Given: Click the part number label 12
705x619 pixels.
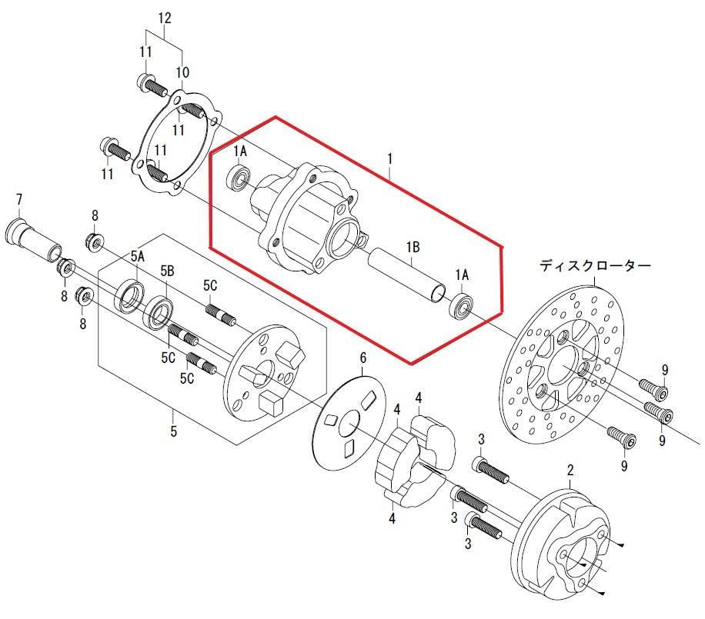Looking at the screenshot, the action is [x=165, y=18].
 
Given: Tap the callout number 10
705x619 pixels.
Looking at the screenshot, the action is [x=182, y=72].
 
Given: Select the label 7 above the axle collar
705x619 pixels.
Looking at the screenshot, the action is [x=19, y=200].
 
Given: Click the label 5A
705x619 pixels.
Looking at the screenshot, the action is [x=138, y=257].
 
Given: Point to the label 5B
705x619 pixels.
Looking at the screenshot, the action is [x=167, y=271].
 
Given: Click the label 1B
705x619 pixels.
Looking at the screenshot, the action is [x=413, y=247].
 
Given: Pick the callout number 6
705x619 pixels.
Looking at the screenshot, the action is [x=363, y=358].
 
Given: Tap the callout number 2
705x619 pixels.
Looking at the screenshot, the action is [x=570, y=471].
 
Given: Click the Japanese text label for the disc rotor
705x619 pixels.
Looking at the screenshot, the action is [x=595, y=266].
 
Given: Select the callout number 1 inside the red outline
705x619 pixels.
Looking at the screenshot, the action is [x=389, y=158].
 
